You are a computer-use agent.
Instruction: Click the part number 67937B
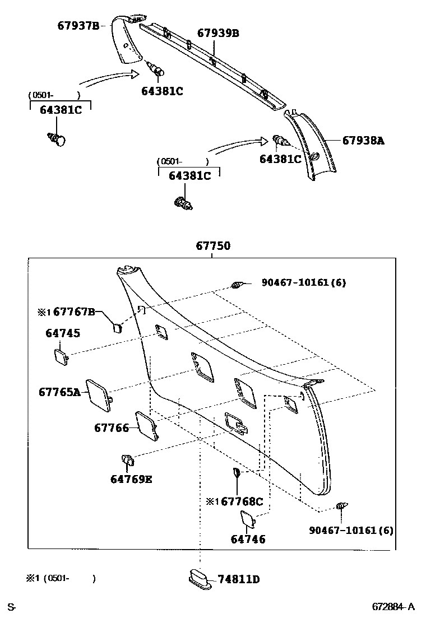pos(78,26)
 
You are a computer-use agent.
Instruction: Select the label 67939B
pos(219,34)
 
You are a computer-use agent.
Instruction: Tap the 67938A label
pos(363,141)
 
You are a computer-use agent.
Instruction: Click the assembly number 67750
pos(213,245)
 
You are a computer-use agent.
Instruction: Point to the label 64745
pos(63,333)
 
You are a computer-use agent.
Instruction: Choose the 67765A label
pos(59,392)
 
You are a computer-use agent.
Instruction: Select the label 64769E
pos(131,479)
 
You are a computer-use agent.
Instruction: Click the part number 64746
pos(248,540)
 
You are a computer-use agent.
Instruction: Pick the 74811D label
pos(239,579)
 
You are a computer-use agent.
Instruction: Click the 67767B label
pos(75,312)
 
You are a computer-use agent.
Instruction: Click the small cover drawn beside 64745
pos(61,356)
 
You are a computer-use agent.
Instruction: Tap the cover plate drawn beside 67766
pos(147,425)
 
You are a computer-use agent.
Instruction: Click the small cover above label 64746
pos(248,519)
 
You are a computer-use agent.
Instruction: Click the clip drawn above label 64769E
pos(128,461)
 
